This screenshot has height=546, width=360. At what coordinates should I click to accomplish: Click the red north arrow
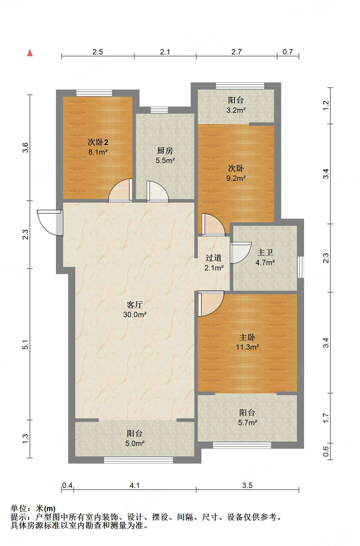pos(30,53)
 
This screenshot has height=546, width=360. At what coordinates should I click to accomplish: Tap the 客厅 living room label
pos(135,305)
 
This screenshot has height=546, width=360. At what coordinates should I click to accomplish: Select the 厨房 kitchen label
pos(165,151)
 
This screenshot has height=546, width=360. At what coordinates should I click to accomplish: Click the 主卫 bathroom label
pos(265,253)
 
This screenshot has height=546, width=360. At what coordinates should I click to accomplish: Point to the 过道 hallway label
pos(214,258)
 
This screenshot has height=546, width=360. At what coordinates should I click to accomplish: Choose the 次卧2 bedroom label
pos(98,142)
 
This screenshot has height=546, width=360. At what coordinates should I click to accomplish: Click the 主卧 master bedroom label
pos(247,337)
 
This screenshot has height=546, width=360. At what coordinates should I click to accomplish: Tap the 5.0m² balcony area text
pos(135,443)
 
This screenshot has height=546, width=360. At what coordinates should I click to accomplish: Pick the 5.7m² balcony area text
pos(248,423)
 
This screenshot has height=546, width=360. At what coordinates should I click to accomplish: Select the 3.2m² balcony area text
pos(236,110)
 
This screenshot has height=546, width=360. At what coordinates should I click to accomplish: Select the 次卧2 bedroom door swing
pos(120,190)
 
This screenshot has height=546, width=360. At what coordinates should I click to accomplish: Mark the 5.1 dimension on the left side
pos(26,344)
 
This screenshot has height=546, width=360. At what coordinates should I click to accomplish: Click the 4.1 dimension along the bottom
pos(135,486)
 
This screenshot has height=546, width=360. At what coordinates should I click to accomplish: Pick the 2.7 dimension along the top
pos(237,52)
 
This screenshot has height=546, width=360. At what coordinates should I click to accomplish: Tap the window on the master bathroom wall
pos(301,267)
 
